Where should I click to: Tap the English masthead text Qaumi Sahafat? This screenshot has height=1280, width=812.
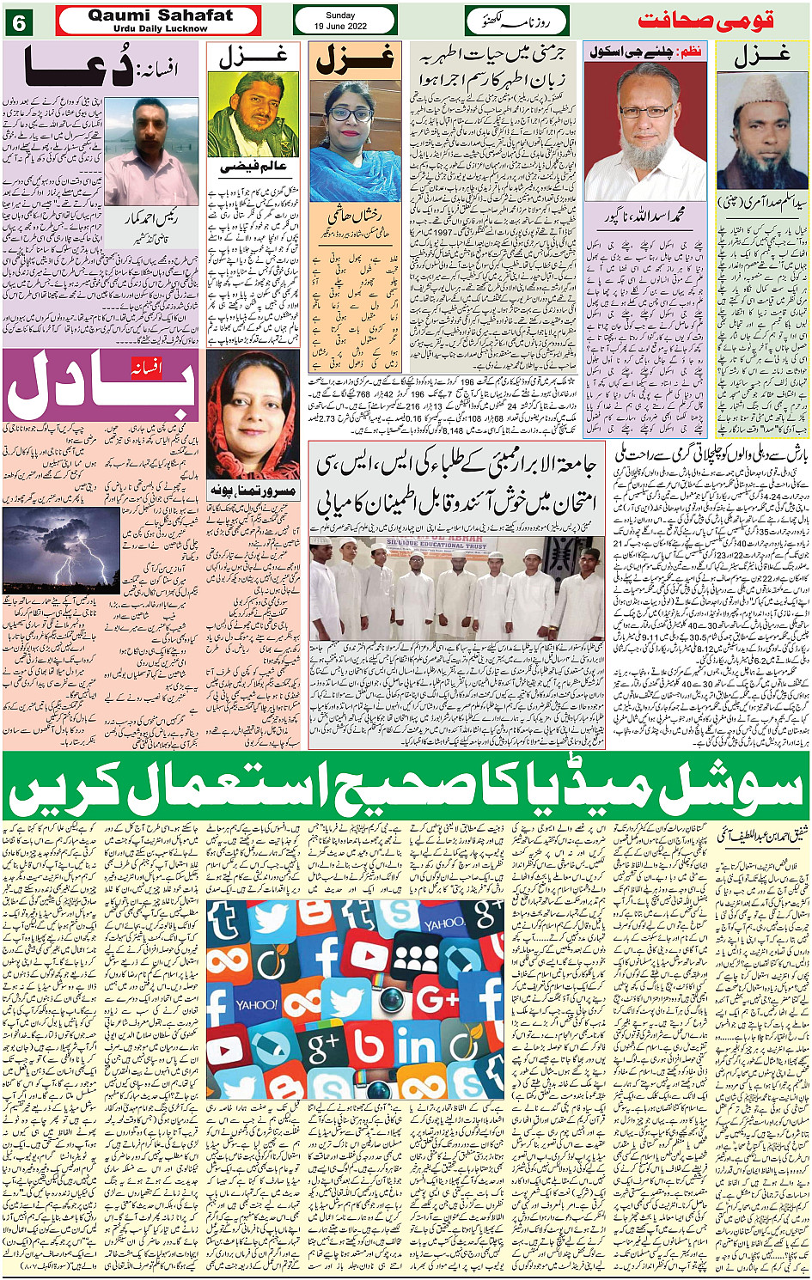tap(160, 15)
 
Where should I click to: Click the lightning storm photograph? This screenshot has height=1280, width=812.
tap(62, 551)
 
